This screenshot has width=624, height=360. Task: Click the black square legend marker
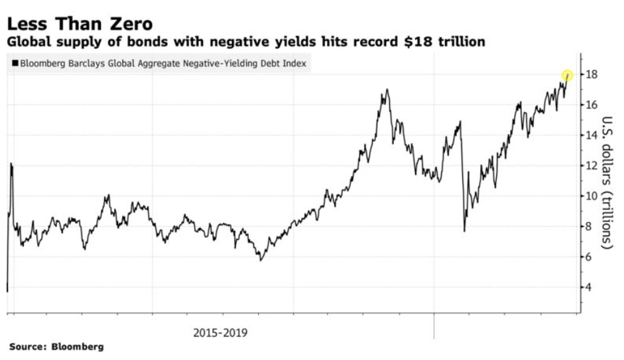click(15, 64)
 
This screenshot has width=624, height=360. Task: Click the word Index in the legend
click(296, 64)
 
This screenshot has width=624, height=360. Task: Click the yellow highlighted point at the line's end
click(567, 76)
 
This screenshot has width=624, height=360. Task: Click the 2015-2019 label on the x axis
click(221, 331)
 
